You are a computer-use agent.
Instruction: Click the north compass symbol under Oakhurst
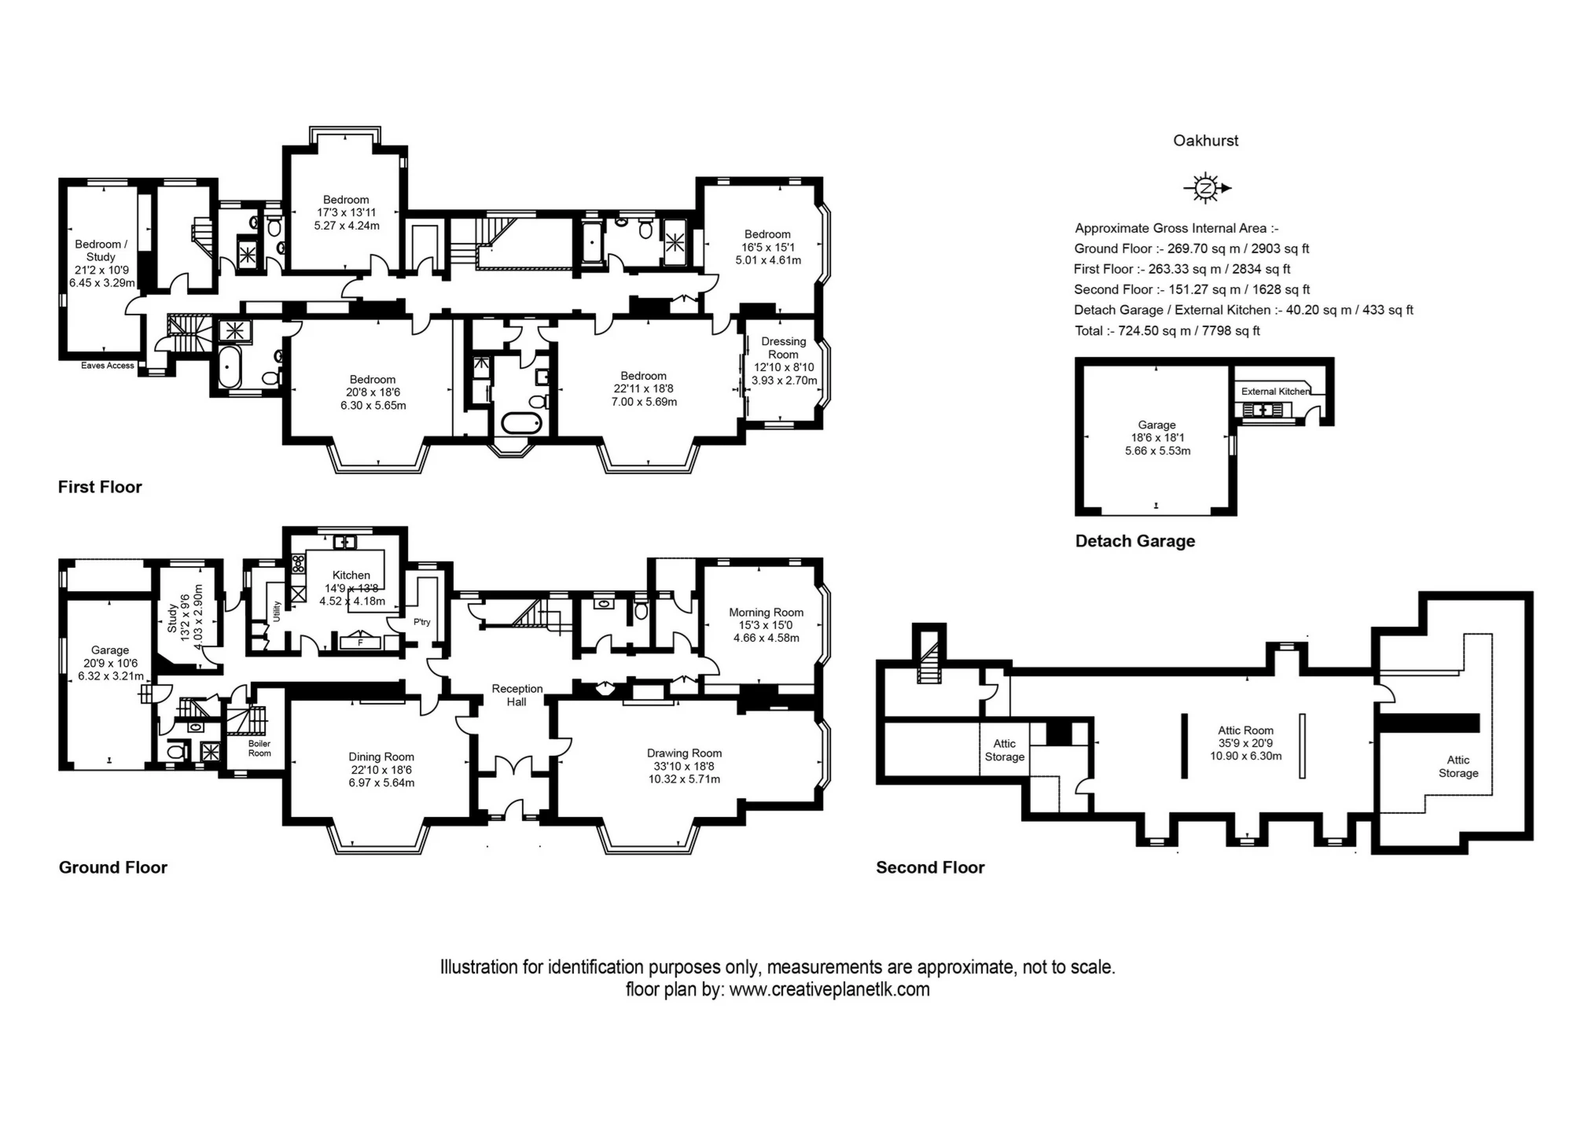1206,188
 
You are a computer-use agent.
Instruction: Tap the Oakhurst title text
1205,141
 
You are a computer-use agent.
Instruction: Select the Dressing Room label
783,348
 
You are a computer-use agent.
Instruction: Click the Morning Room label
766,612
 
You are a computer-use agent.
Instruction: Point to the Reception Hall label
517,694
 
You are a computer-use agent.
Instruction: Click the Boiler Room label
259,748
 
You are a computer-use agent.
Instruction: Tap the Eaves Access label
108,366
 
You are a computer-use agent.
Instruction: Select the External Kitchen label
1274,391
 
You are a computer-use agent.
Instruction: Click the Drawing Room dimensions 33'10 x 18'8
684,766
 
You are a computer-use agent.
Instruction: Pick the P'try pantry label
422,622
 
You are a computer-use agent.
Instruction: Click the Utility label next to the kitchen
277,612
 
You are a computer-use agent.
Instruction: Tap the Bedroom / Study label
101,250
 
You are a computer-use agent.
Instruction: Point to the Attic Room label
1245,730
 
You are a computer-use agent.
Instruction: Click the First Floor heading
100,487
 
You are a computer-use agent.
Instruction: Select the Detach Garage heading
1134,541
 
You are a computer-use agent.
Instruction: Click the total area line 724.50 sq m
1167,331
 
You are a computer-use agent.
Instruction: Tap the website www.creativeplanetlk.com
829,989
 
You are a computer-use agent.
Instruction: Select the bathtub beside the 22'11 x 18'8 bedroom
522,424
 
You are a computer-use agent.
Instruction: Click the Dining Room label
381,756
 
